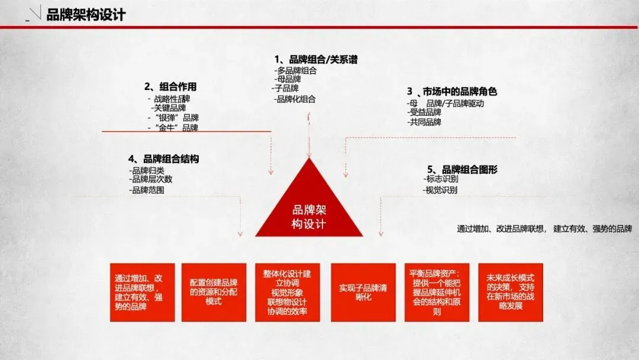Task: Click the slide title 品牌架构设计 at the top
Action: coord(86,15)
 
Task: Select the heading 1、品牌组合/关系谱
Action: coord(316,60)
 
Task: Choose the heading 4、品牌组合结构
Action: coord(163,159)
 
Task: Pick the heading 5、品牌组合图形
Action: coord(462,170)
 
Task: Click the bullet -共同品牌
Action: coord(424,122)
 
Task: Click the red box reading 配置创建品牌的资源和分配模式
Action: coord(214,292)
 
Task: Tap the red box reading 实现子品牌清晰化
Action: coord(363,292)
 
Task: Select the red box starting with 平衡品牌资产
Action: coord(437,292)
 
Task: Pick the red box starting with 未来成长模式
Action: coord(510,292)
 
